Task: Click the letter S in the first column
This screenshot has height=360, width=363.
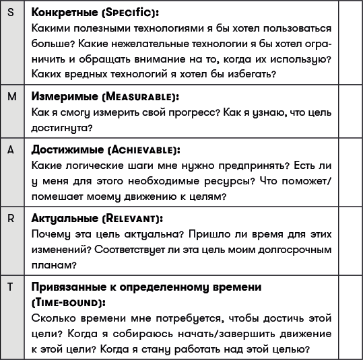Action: (11, 13)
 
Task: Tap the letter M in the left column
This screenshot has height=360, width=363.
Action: (12, 96)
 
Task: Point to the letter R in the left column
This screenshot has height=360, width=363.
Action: (11, 219)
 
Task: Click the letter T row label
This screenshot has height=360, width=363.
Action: (11, 287)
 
